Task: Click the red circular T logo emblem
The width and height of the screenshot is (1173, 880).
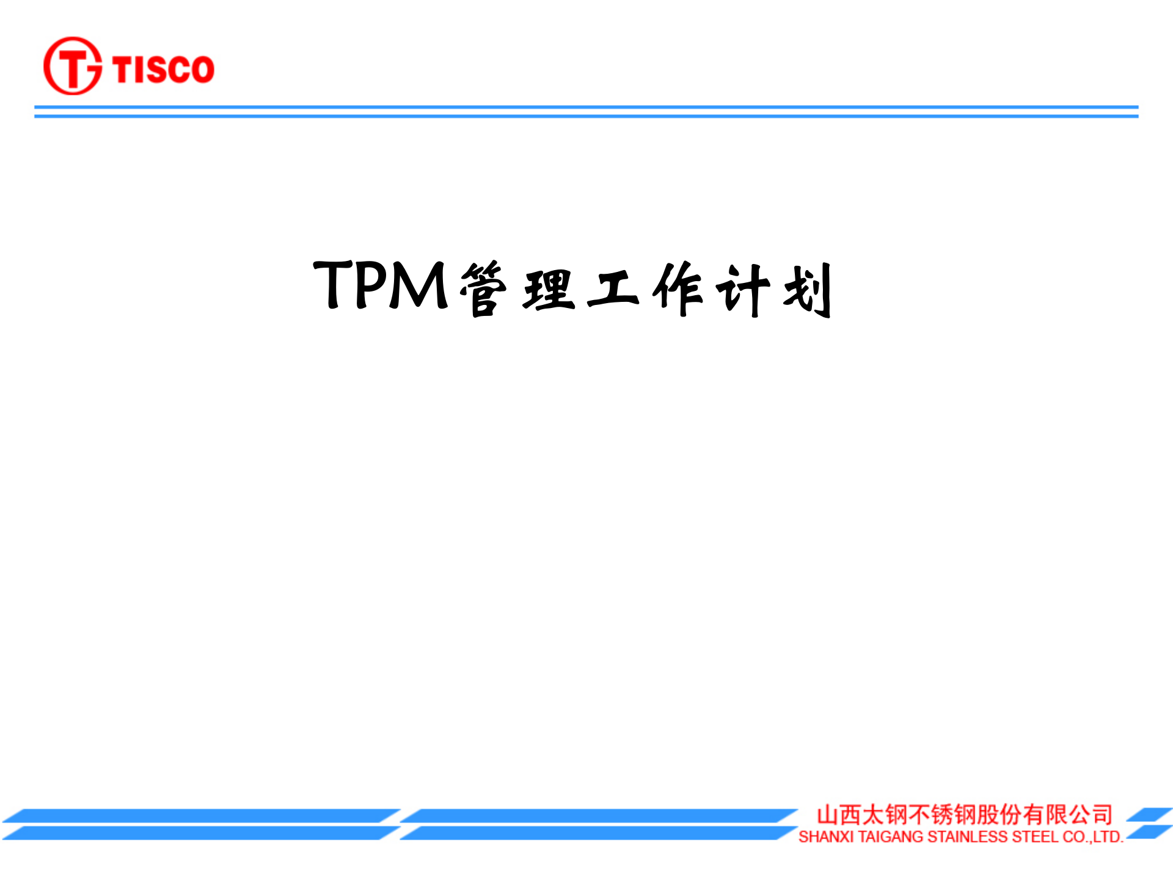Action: click(x=72, y=66)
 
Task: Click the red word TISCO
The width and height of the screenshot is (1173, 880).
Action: click(x=163, y=68)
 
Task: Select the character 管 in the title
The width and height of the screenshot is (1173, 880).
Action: click(x=483, y=288)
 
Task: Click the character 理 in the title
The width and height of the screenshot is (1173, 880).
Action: click(x=549, y=290)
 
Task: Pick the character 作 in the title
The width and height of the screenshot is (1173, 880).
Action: click(x=678, y=290)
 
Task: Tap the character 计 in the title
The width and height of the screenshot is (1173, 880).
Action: click(x=742, y=290)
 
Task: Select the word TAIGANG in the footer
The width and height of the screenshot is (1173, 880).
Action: click(x=890, y=837)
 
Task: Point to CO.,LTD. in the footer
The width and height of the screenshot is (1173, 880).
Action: click(x=1093, y=837)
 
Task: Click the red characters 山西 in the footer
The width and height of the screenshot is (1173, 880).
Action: click(x=839, y=815)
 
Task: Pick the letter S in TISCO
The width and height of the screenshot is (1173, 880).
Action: click(x=155, y=68)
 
